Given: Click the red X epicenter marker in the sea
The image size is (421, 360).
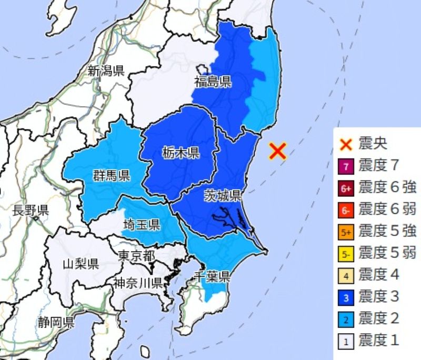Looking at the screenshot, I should point(277,151).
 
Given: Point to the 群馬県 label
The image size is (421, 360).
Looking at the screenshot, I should point(111,175).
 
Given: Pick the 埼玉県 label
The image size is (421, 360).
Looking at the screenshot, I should point(142,225).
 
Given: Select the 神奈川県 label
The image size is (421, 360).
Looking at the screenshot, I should point(138,283).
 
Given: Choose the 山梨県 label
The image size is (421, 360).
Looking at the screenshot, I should point(81,263).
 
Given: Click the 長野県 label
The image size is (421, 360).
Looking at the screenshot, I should point(30,211).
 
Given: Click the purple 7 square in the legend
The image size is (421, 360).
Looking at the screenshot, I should point(346,167).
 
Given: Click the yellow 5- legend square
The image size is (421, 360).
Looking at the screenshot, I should point(346,254).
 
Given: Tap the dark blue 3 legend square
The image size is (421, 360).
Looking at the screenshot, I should point(346,297).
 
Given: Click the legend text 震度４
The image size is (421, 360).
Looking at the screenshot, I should point(378,275).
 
